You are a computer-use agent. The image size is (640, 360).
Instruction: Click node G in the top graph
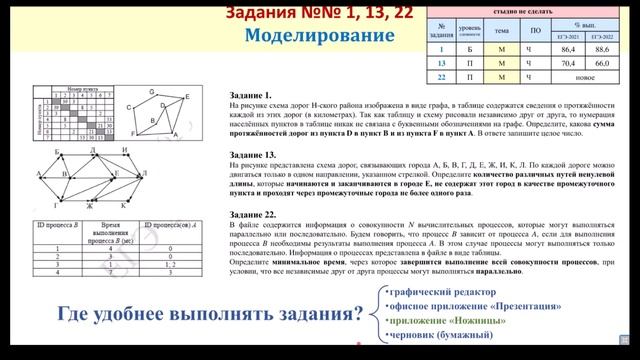(150, 91)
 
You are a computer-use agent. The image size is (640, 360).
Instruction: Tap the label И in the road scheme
(125, 151)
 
